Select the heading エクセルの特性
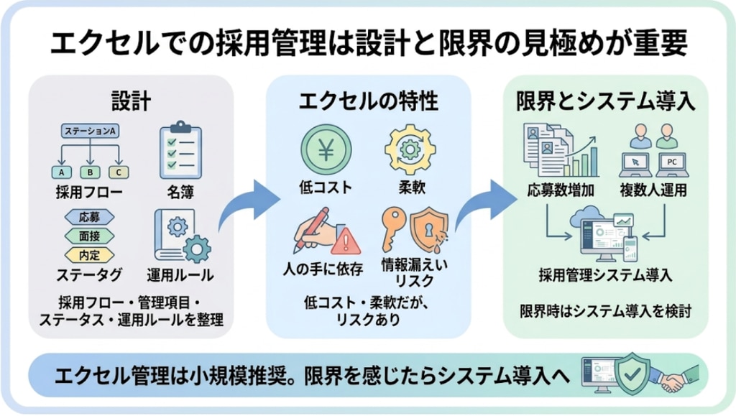coord(368,102)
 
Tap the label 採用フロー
coord(88,192)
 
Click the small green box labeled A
coord(62,172)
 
